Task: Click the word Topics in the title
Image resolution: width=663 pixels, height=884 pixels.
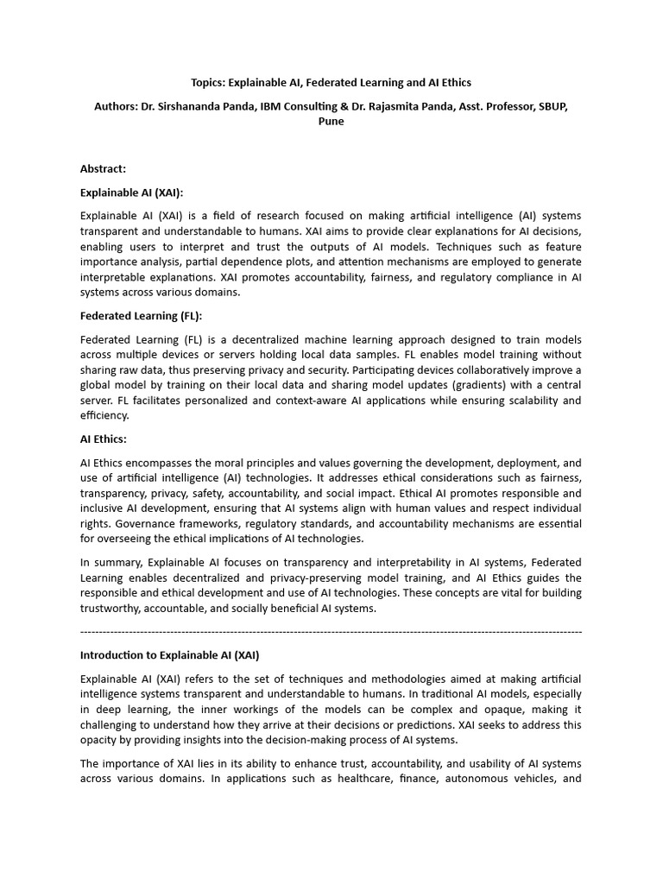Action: [x=208, y=83]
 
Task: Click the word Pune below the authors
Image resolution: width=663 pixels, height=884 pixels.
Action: [x=331, y=122]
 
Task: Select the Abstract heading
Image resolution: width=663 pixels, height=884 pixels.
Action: [x=103, y=169]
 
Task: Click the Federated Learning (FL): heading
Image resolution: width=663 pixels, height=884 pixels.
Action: [x=141, y=316]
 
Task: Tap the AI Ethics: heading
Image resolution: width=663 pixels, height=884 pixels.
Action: [x=103, y=439]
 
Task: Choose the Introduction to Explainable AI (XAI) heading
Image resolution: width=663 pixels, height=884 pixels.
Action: [x=169, y=655]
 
